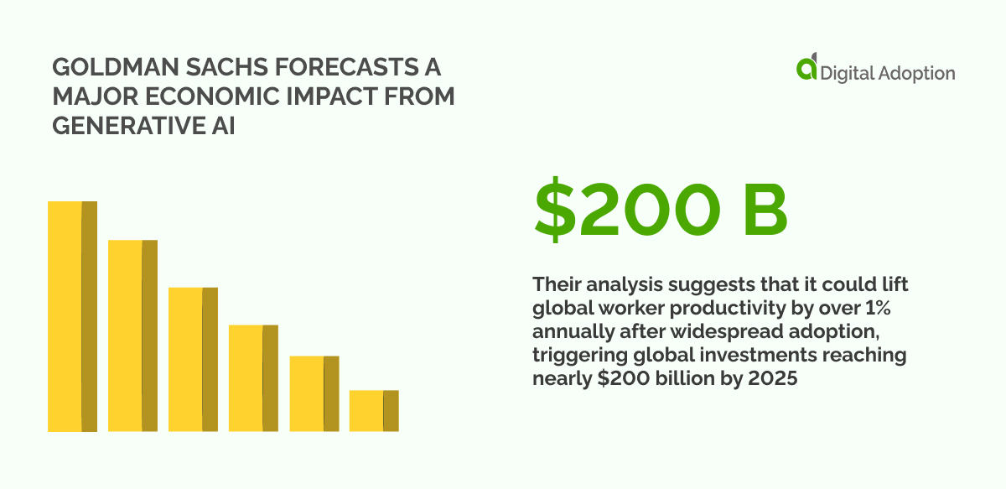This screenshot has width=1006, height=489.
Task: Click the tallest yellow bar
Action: pos(72,316)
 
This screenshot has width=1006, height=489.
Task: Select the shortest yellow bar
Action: pos(374,410)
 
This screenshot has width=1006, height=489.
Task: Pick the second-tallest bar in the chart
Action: pos(132,336)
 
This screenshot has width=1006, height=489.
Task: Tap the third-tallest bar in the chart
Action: pos(193,359)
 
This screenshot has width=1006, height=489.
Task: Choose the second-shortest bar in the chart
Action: pos(314,393)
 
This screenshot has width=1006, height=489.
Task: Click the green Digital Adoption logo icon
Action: pos(806,69)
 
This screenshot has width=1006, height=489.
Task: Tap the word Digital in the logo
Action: pos(848,74)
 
